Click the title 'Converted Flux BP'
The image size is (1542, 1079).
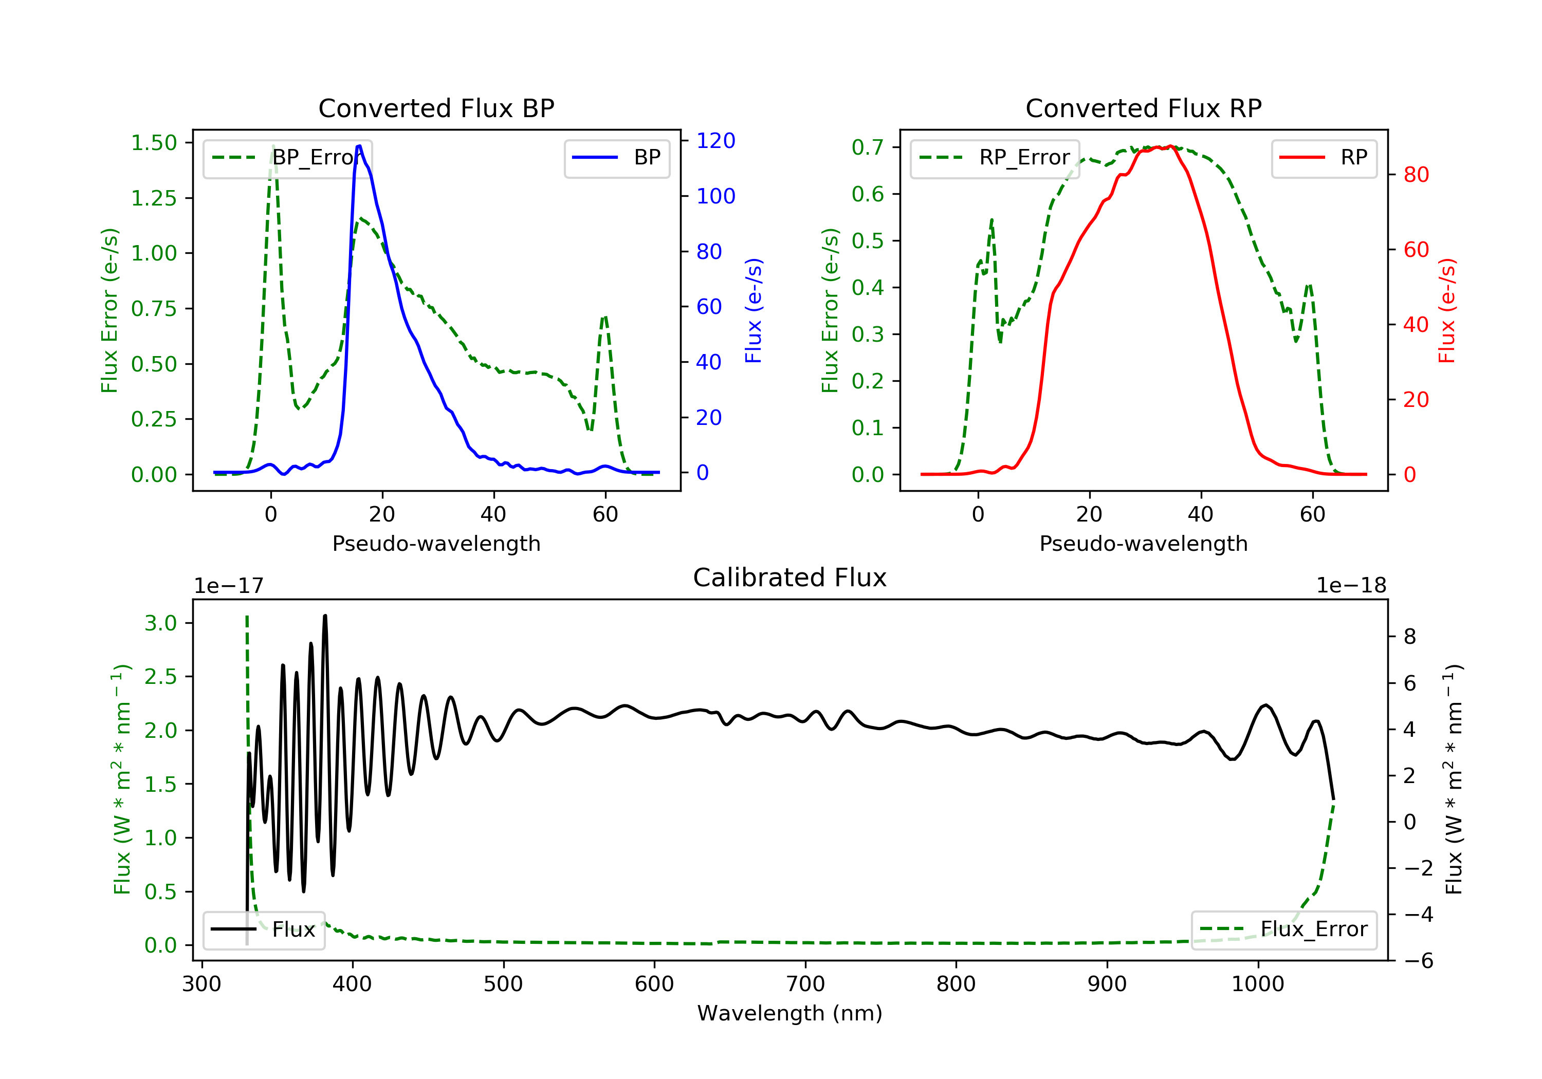(x=436, y=108)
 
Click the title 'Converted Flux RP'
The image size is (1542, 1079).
(x=1144, y=108)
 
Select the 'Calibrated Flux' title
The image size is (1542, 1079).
(x=790, y=578)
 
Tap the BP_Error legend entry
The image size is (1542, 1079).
(x=287, y=158)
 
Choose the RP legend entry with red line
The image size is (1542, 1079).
(x=1324, y=158)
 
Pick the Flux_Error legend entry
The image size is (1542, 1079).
(x=1283, y=929)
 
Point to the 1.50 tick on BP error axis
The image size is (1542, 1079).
(x=154, y=143)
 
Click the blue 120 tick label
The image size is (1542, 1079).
(x=716, y=140)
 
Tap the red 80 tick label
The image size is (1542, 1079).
(x=1417, y=175)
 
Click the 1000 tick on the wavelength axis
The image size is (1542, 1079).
(x=1258, y=984)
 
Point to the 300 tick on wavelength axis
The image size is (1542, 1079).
(x=201, y=984)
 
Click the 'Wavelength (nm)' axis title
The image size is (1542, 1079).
(x=790, y=1013)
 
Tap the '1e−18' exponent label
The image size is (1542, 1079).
(x=1351, y=586)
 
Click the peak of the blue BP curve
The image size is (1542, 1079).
(x=359, y=146)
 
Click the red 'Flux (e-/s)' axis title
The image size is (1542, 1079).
(x=1446, y=310)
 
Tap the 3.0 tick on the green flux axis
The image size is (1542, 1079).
(x=160, y=623)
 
